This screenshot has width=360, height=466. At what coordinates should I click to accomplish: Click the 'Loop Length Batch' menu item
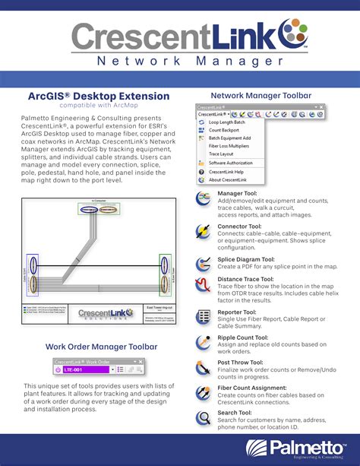coord(226,122)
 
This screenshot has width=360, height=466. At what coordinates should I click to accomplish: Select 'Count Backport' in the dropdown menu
coord(224,130)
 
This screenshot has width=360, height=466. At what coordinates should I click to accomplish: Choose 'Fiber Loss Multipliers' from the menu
coord(227,146)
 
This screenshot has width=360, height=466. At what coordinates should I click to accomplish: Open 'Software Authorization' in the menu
coord(231,163)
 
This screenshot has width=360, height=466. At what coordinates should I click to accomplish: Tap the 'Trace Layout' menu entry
coord(221,154)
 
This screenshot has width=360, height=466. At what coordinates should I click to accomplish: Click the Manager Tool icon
coord(204,198)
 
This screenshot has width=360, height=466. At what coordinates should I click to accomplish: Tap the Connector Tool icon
coord(204,231)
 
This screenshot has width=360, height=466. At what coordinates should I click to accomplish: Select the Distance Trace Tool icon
coord(204,285)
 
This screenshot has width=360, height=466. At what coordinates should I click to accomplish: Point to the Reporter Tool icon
coord(204,317)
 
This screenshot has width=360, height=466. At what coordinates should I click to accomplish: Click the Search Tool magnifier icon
coord(204,417)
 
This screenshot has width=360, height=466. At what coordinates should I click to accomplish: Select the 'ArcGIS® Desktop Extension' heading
coord(99,97)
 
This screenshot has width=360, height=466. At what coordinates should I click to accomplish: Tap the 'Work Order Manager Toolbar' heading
coord(101,347)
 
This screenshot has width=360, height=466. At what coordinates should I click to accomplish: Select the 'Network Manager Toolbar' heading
coord(261,96)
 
